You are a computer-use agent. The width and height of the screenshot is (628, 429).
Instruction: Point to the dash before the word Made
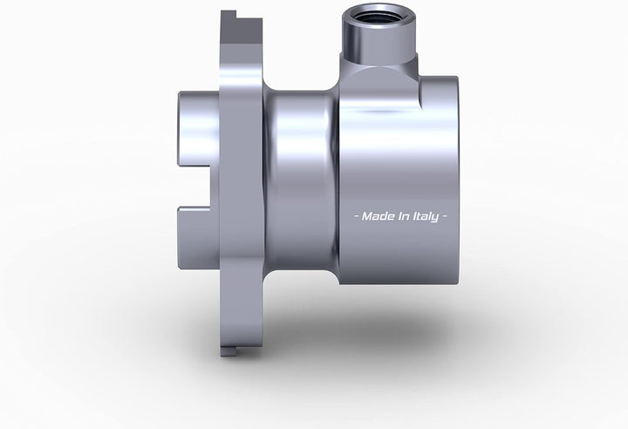pyautogui.click(x=357, y=217)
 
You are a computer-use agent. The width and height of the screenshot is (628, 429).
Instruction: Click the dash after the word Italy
pyautogui.click(x=444, y=217)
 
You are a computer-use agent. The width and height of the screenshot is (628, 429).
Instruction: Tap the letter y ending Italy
pyautogui.click(x=434, y=218)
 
